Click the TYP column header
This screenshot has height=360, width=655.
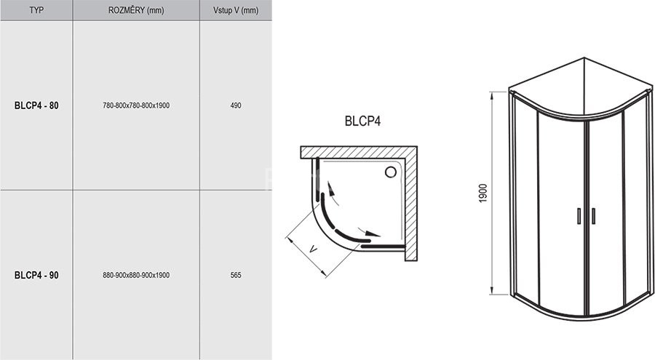[36, 10]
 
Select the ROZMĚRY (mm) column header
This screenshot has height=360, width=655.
[135, 10]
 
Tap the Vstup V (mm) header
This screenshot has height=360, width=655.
[235, 10]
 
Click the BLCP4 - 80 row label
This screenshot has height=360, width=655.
[36, 105]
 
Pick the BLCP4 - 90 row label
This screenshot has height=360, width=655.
[36, 275]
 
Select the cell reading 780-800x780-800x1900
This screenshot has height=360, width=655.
[136, 105]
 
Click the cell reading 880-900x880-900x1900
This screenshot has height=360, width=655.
[136, 275]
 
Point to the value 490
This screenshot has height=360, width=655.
[235, 105]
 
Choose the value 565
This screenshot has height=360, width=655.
[235, 275]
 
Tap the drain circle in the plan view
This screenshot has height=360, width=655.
[391, 172]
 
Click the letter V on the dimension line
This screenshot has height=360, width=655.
[312, 249]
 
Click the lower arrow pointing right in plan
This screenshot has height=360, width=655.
[371, 234]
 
